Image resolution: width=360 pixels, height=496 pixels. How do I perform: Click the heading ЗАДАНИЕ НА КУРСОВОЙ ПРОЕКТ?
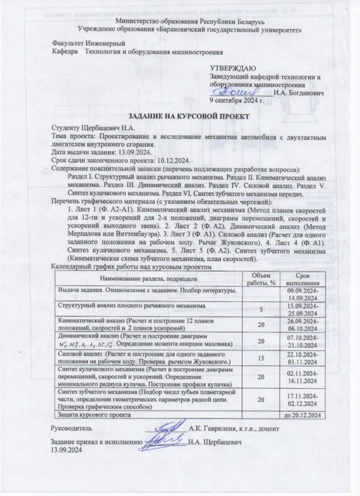coord(180,116)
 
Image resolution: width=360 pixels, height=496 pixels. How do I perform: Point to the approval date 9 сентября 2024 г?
coord(240,99)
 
